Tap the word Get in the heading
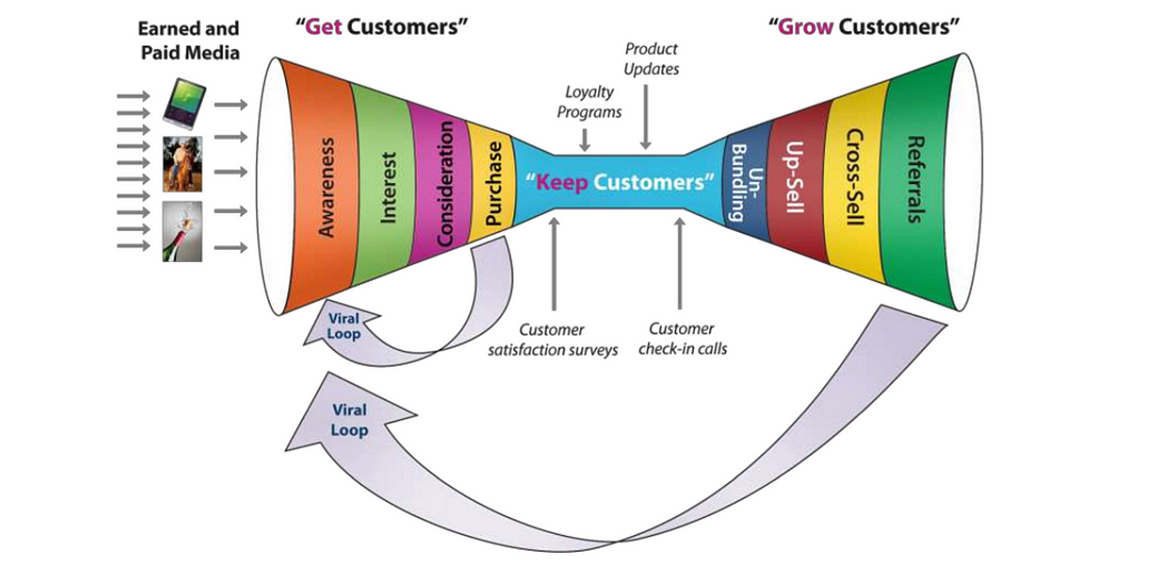[324, 27]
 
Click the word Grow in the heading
[806, 27]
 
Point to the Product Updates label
[651, 59]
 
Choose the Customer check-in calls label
[682, 339]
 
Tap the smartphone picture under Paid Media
[184, 104]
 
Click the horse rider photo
[182, 164]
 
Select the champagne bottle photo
[182, 232]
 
